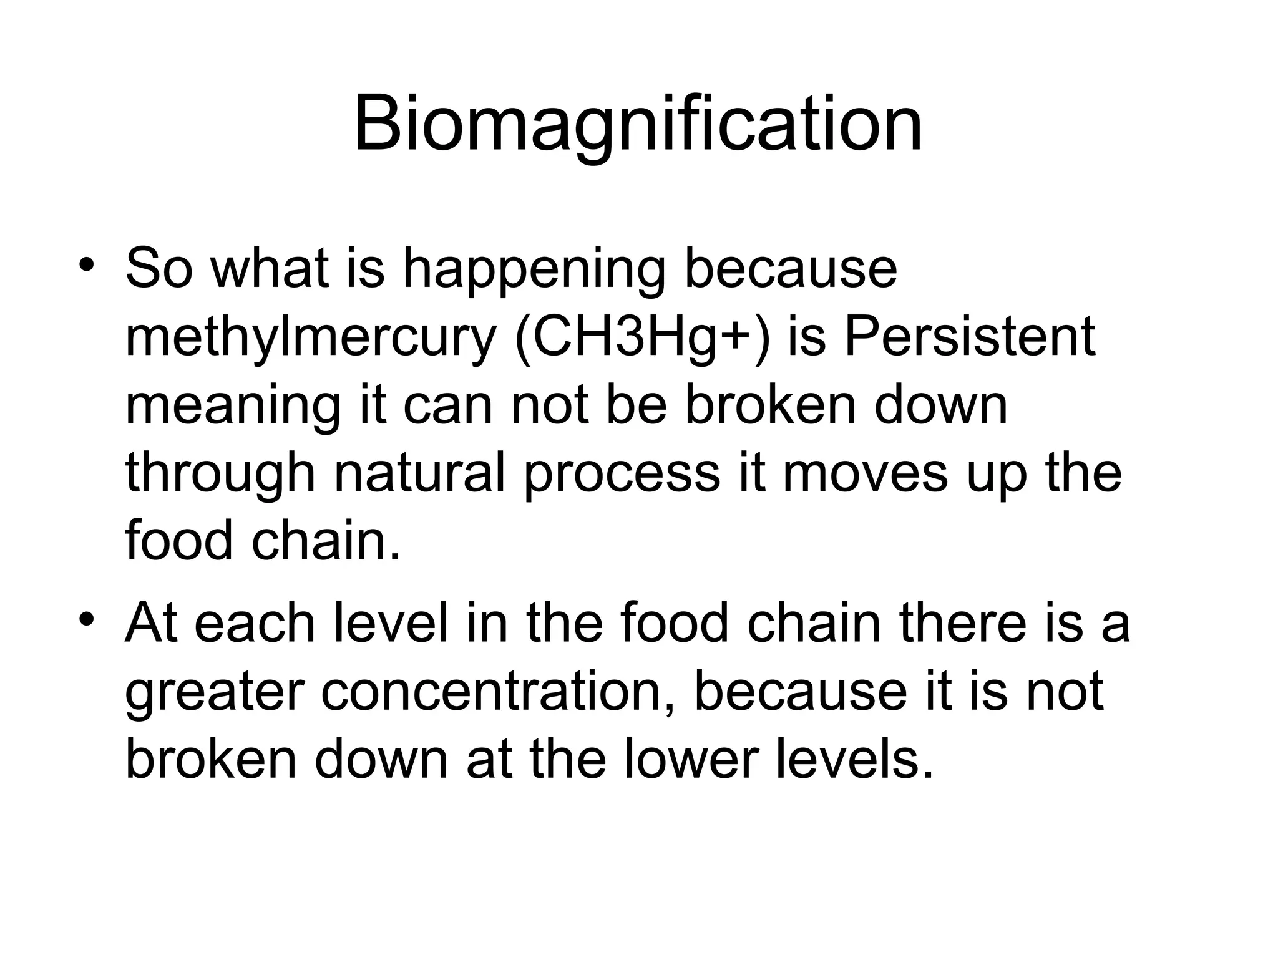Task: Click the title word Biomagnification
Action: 637,125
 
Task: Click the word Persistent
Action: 969,337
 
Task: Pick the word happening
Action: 535,270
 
